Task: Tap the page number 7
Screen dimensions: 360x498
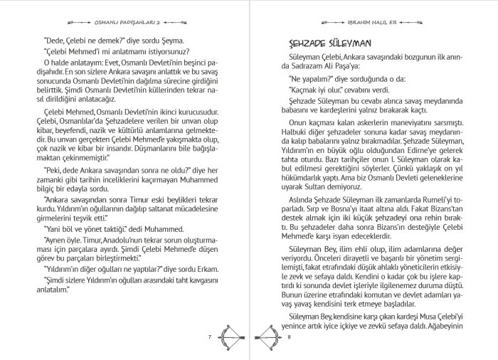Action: (x=211, y=336)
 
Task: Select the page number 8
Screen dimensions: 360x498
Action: (x=290, y=336)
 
